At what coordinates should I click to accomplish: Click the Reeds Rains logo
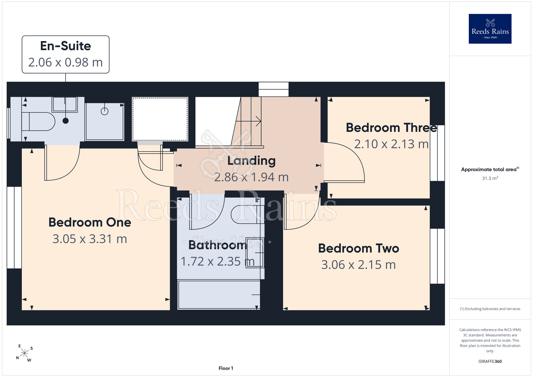click(x=490, y=29)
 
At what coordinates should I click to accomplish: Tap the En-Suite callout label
click(x=66, y=54)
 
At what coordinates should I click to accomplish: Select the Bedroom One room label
click(x=90, y=222)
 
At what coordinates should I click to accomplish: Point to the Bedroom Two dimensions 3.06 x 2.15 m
click(x=358, y=265)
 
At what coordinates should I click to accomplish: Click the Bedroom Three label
click(x=391, y=128)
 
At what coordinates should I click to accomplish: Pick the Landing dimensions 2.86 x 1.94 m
click(x=251, y=177)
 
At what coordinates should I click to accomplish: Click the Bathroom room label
click(x=218, y=245)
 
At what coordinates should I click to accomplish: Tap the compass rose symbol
click(x=25, y=353)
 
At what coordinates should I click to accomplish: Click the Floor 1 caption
click(x=226, y=368)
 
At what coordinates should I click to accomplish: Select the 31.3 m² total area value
click(x=490, y=178)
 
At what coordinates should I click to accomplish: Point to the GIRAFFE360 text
click(x=490, y=362)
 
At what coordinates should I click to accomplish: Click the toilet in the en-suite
click(x=38, y=122)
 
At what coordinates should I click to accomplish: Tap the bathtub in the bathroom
click(x=219, y=295)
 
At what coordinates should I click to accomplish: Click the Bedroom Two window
click(x=437, y=256)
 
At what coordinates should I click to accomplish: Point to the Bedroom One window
click(x=14, y=227)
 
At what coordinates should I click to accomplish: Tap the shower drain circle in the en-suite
click(x=104, y=111)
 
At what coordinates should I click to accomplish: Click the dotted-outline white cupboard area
click(x=160, y=119)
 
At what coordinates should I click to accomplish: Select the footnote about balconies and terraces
click(x=490, y=309)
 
